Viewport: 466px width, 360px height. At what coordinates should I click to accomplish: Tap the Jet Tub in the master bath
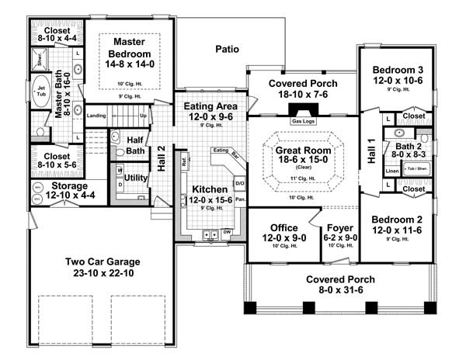pos(40,92)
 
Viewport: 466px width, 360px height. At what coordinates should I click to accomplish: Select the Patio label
pos(227,49)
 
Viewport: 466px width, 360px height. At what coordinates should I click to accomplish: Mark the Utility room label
pos(136,178)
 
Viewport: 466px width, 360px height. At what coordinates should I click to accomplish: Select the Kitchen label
pos(210,189)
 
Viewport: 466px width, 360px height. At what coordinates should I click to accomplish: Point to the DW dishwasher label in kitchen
pos(227,232)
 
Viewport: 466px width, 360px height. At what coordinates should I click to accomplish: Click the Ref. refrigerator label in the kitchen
pos(183,164)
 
